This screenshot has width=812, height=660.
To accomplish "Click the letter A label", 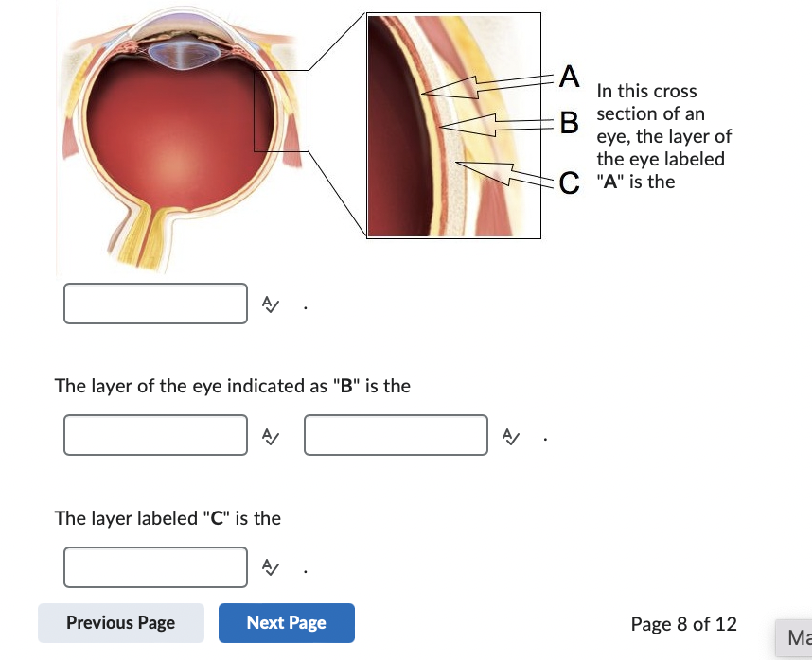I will click(x=567, y=75).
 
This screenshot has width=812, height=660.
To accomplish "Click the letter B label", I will click(x=568, y=122).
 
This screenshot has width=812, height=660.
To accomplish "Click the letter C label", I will click(x=568, y=182).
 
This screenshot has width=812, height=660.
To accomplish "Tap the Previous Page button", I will click(x=121, y=623).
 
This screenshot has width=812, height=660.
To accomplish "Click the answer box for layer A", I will click(x=156, y=304).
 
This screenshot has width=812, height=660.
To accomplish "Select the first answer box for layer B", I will click(x=156, y=435).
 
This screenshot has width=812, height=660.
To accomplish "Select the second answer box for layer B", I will click(x=396, y=435).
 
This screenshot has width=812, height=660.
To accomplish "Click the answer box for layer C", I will click(x=156, y=567).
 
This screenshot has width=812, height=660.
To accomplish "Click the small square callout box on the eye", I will click(x=281, y=111).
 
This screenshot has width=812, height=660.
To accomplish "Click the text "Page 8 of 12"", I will click(x=683, y=624).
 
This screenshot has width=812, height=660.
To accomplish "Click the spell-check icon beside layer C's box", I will click(x=270, y=567).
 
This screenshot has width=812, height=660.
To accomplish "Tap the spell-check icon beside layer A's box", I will click(x=270, y=304).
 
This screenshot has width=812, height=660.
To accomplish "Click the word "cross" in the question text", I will click(x=675, y=92).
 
